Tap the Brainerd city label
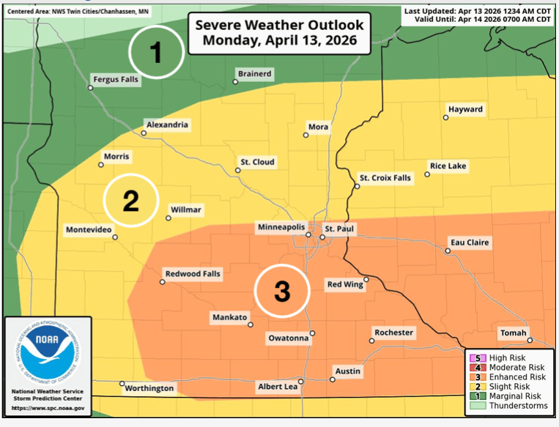255,74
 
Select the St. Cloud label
257,162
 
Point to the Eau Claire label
469,242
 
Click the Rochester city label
394,333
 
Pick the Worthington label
149,387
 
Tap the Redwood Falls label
193,274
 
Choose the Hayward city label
466,110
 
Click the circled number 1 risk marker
156,52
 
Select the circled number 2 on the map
130,201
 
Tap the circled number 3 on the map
281,291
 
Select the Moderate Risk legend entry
510,367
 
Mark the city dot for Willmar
169,218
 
